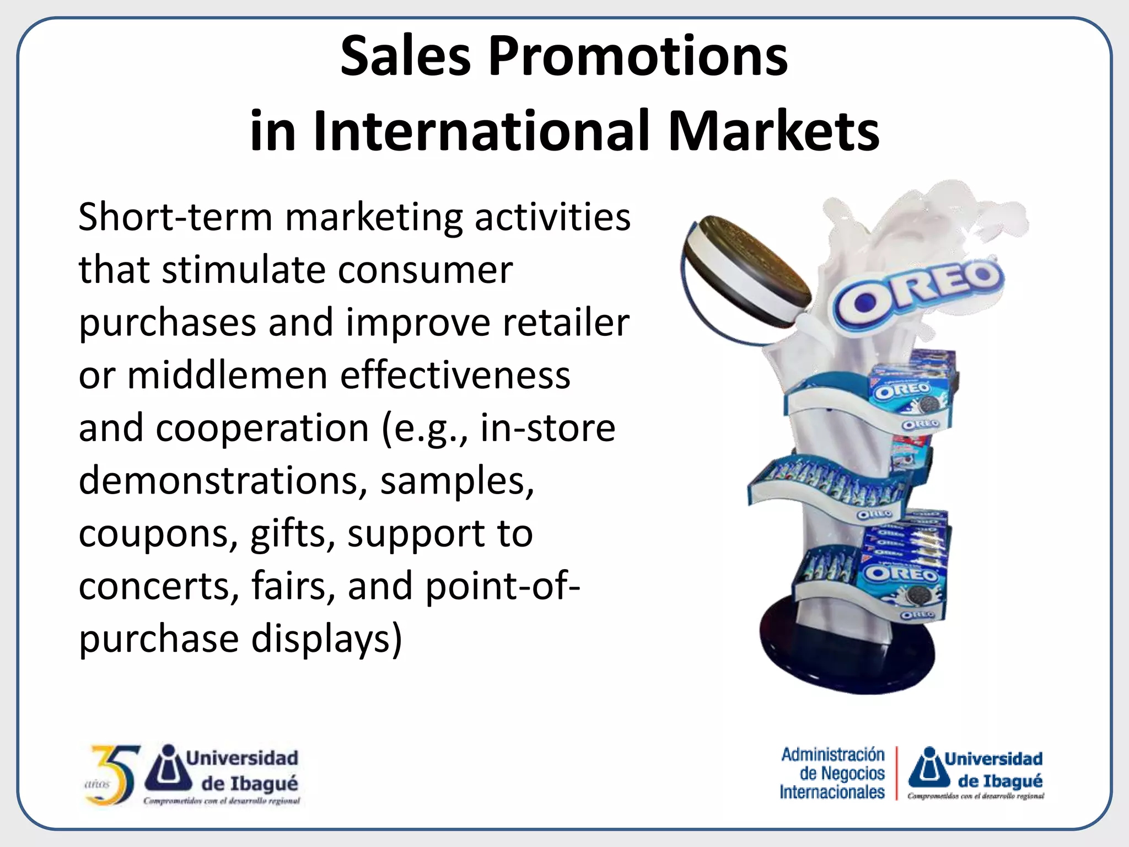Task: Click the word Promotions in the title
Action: pyautogui.click(x=638, y=56)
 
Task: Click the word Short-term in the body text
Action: pyautogui.click(x=175, y=217)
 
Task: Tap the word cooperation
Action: pyautogui.click(x=262, y=428)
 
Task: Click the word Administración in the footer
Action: pyautogui.click(x=832, y=754)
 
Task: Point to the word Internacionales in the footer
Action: pyautogui.click(x=832, y=792)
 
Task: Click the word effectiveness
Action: pyautogui.click(x=455, y=376)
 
